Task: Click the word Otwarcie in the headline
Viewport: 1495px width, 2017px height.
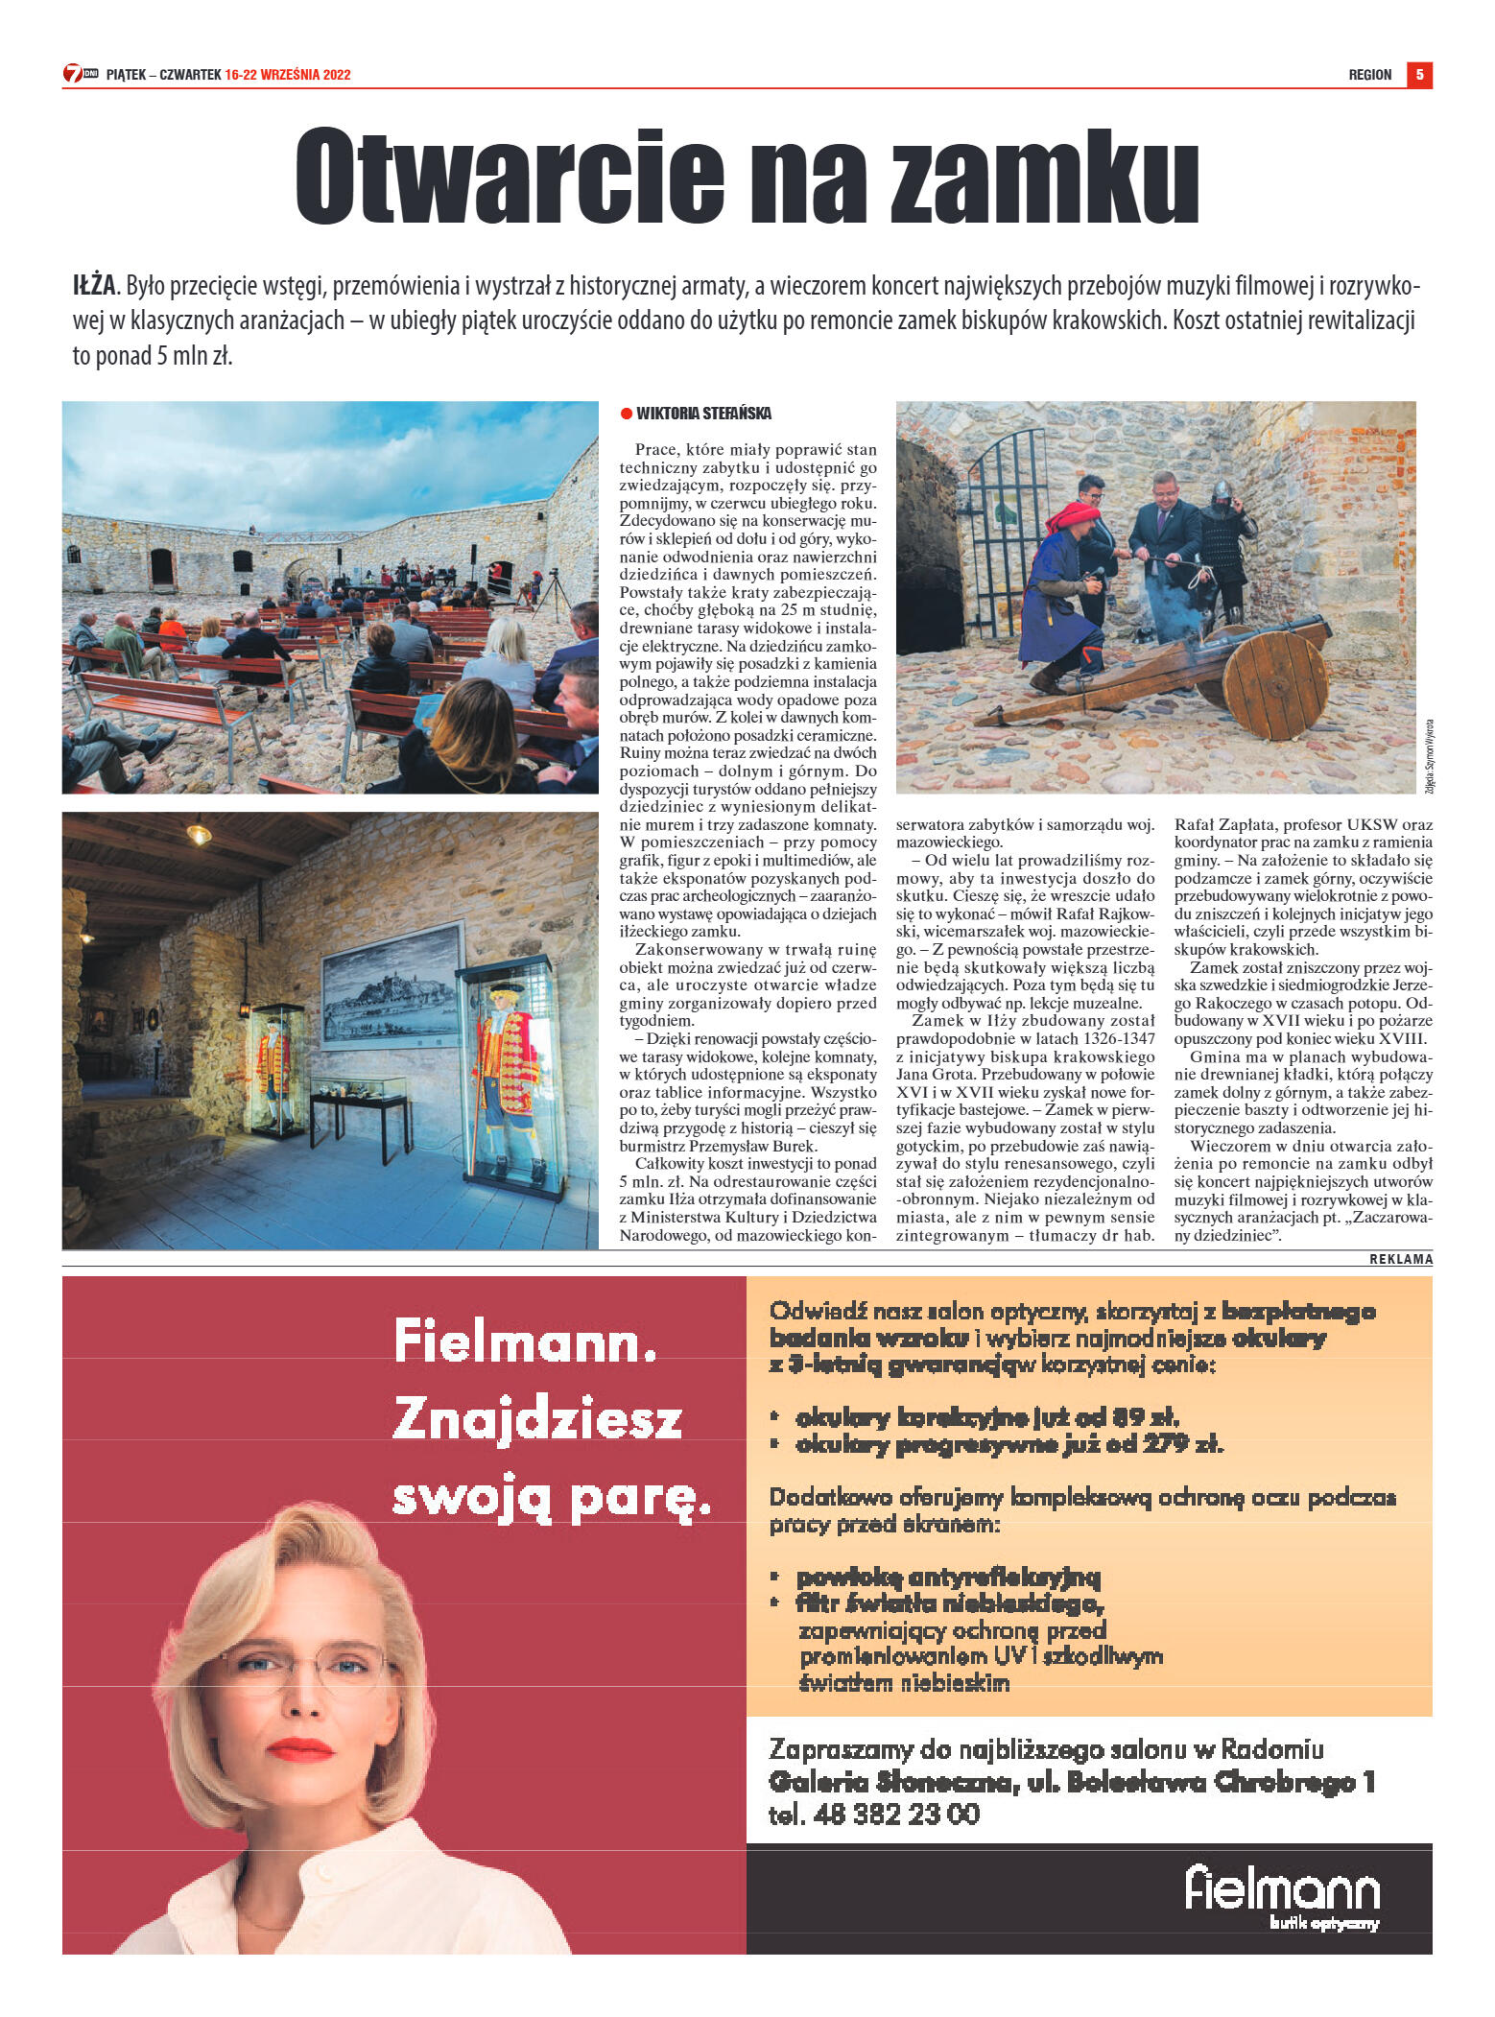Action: pos(509,176)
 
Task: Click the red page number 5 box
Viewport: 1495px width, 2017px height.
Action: pos(1419,75)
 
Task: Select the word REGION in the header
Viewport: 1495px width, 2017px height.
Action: pos(1369,75)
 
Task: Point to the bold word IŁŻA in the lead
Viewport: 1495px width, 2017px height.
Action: pos(93,286)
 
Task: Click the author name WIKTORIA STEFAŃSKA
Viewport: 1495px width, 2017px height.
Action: pos(703,414)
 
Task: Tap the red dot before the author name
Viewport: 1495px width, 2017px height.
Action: pos(627,414)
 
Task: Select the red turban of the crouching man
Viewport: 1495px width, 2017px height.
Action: pos(1072,517)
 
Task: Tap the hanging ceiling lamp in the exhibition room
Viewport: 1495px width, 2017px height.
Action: pos(199,834)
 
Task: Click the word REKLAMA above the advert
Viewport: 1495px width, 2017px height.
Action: pos(1401,1259)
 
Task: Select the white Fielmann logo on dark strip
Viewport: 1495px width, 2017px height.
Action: pos(1282,1889)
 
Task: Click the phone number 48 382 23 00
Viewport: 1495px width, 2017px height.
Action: pos(896,1815)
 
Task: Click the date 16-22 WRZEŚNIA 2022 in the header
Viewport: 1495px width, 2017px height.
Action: pos(288,75)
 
